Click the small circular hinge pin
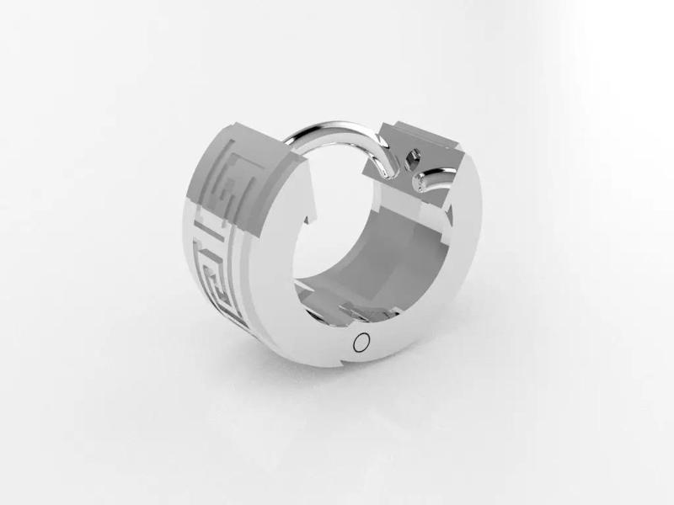(362, 342)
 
